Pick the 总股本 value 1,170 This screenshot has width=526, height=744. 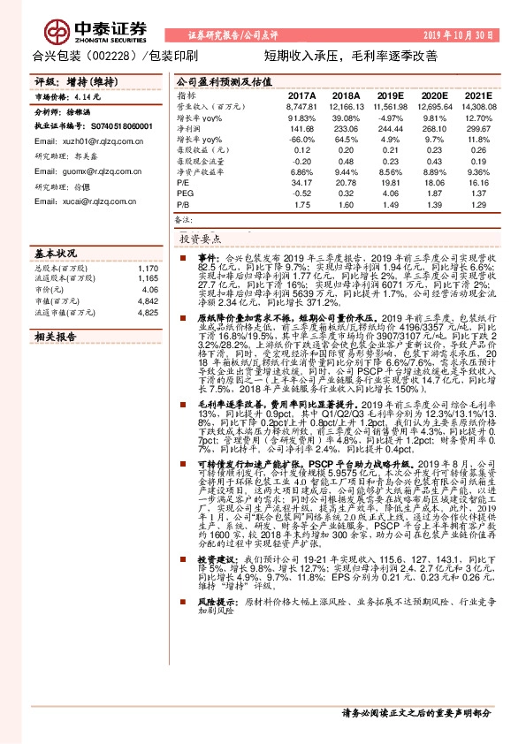[149, 267]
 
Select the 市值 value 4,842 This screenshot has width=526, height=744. [148, 300]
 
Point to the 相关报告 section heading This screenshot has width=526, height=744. [56, 337]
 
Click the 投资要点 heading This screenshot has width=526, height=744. [202, 239]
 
